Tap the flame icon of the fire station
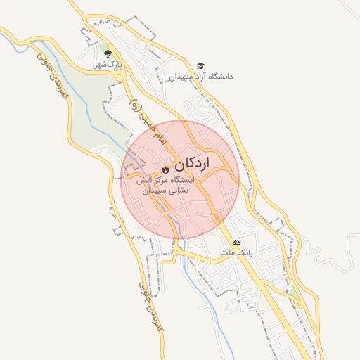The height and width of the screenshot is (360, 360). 166,169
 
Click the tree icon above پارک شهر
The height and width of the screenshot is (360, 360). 108,53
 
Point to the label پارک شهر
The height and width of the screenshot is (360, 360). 109,65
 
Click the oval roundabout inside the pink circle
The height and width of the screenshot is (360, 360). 217,215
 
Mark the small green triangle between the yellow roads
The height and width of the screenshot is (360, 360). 289,290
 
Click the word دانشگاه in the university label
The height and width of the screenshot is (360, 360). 220,76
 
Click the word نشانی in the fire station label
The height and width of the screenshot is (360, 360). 185,191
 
